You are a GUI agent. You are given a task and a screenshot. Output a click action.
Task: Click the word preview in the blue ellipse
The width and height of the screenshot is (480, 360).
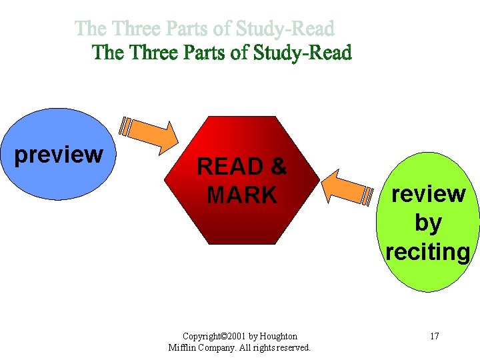click(x=59, y=155)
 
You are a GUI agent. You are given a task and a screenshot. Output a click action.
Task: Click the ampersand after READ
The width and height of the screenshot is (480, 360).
click(x=278, y=167)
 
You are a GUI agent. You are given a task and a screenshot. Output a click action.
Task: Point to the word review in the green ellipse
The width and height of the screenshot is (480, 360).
click(x=428, y=194)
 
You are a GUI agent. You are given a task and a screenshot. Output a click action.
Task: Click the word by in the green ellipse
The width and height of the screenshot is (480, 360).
click(x=428, y=223)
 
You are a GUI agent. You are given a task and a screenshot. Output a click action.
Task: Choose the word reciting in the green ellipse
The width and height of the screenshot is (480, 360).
click(x=428, y=252)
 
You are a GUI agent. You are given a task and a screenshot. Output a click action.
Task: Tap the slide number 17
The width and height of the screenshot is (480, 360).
click(x=434, y=336)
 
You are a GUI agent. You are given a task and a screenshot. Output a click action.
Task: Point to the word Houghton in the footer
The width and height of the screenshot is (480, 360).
click(x=279, y=337)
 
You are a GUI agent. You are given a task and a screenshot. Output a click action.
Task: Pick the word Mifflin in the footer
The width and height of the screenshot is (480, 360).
click(x=182, y=348)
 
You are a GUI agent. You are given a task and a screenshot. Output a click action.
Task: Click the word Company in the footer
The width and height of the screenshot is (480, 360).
click(x=217, y=348)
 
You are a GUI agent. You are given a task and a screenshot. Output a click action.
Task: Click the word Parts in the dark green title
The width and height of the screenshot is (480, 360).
click(x=203, y=53)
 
